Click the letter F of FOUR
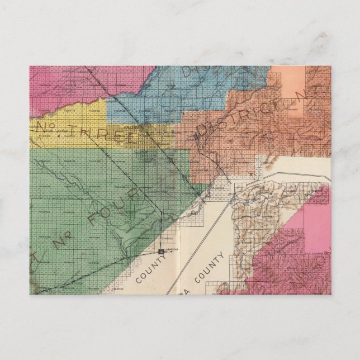(x=95, y=220)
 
